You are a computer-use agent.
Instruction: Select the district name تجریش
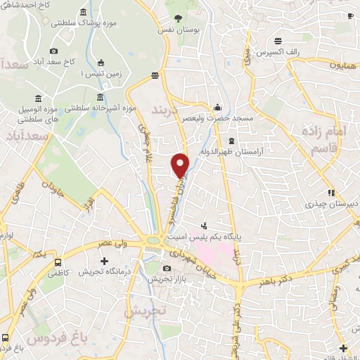coord(146,309)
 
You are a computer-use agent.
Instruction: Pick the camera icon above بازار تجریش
coord(167,269)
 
